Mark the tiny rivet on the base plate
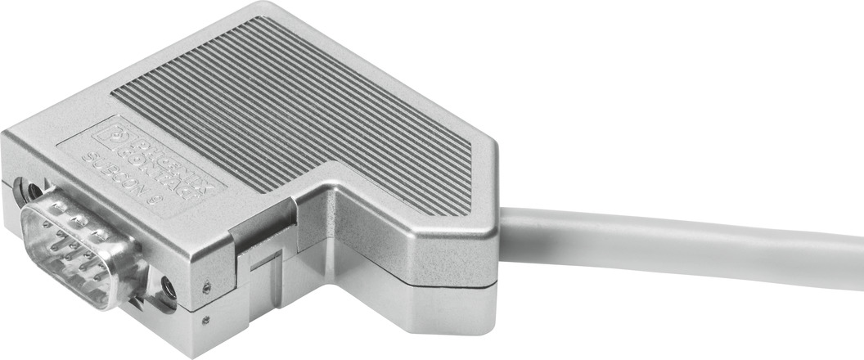[x=204, y=319]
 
